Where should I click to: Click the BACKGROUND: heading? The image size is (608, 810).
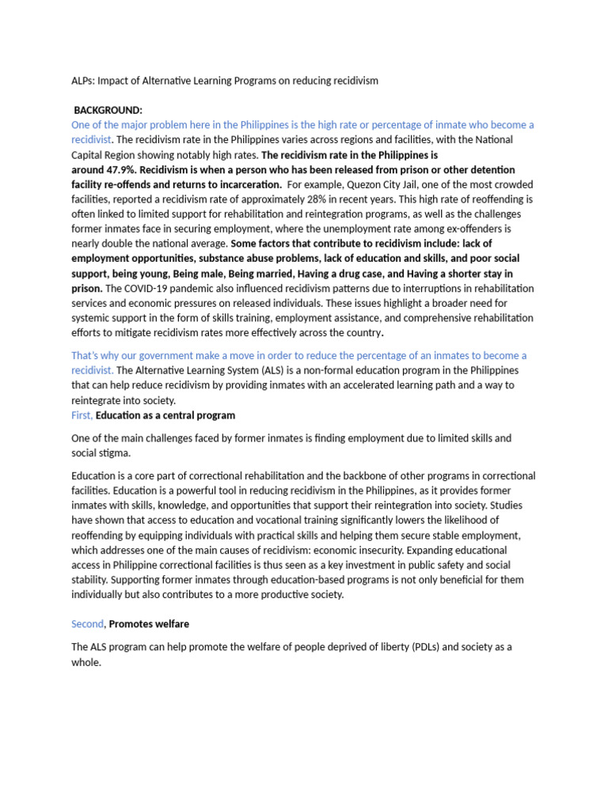[x=108, y=110]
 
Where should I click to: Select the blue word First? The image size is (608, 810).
[x=82, y=415]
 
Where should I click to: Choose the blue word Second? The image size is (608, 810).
[x=88, y=624]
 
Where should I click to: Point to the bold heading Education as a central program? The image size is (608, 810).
[x=165, y=415]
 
